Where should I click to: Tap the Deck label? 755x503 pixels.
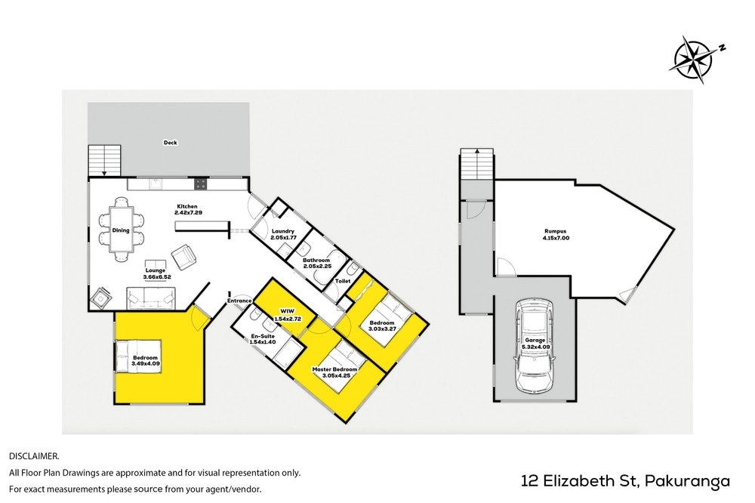click(170, 143)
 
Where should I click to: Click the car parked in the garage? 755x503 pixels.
click(535, 345)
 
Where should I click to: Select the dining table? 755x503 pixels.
click(121, 230)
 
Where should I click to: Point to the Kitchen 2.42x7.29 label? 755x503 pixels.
click(187, 209)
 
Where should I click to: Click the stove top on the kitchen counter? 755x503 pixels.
click(201, 184)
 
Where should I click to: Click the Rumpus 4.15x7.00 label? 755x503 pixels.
click(556, 234)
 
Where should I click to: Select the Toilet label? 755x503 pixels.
click(342, 281)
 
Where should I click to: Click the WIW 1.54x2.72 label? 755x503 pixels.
click(287, 315)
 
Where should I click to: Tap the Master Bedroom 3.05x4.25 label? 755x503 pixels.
click(334, 372)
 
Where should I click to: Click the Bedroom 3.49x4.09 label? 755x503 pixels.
click(145, 360)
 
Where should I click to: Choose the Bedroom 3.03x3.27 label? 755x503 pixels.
click(382, 326)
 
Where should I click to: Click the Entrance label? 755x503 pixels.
click(239, 301)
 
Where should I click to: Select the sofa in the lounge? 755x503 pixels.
click(151, 298)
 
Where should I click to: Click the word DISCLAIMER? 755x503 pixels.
click(34, 455)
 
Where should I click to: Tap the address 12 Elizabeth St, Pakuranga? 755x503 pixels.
click(625, 481)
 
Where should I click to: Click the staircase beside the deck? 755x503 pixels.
click(104, 160)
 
